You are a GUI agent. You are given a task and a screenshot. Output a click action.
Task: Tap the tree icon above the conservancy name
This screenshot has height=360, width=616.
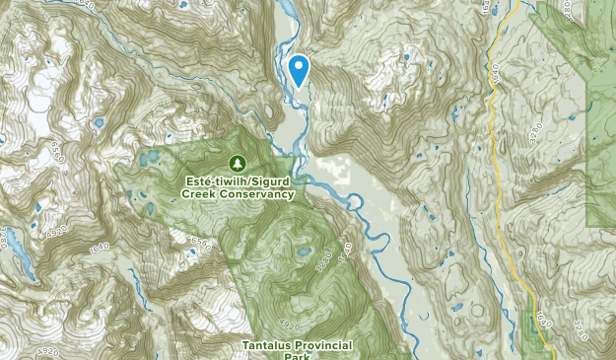(x=237, y=162)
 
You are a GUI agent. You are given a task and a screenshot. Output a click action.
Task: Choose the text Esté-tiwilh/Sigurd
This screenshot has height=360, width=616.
(x=237, y=181)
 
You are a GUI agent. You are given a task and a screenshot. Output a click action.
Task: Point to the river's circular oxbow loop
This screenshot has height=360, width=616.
(x=352, y=202)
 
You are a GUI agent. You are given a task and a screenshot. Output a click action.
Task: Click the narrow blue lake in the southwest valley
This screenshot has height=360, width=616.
(x=132, y=281)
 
